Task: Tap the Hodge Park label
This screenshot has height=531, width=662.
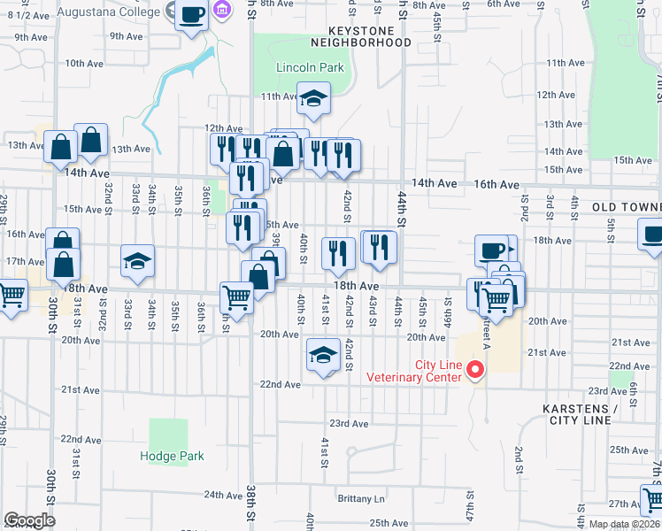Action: coord(172,456)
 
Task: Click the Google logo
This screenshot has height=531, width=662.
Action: coord(29,520)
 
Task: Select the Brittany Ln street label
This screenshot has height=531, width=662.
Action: coord(361,498)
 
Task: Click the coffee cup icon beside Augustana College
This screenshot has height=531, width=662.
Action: coord(191,15)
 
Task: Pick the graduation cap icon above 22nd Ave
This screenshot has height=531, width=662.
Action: coord(323,355)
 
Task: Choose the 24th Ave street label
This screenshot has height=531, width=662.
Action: coord(223,495)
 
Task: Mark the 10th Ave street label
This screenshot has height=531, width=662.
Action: coord(85,63)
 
